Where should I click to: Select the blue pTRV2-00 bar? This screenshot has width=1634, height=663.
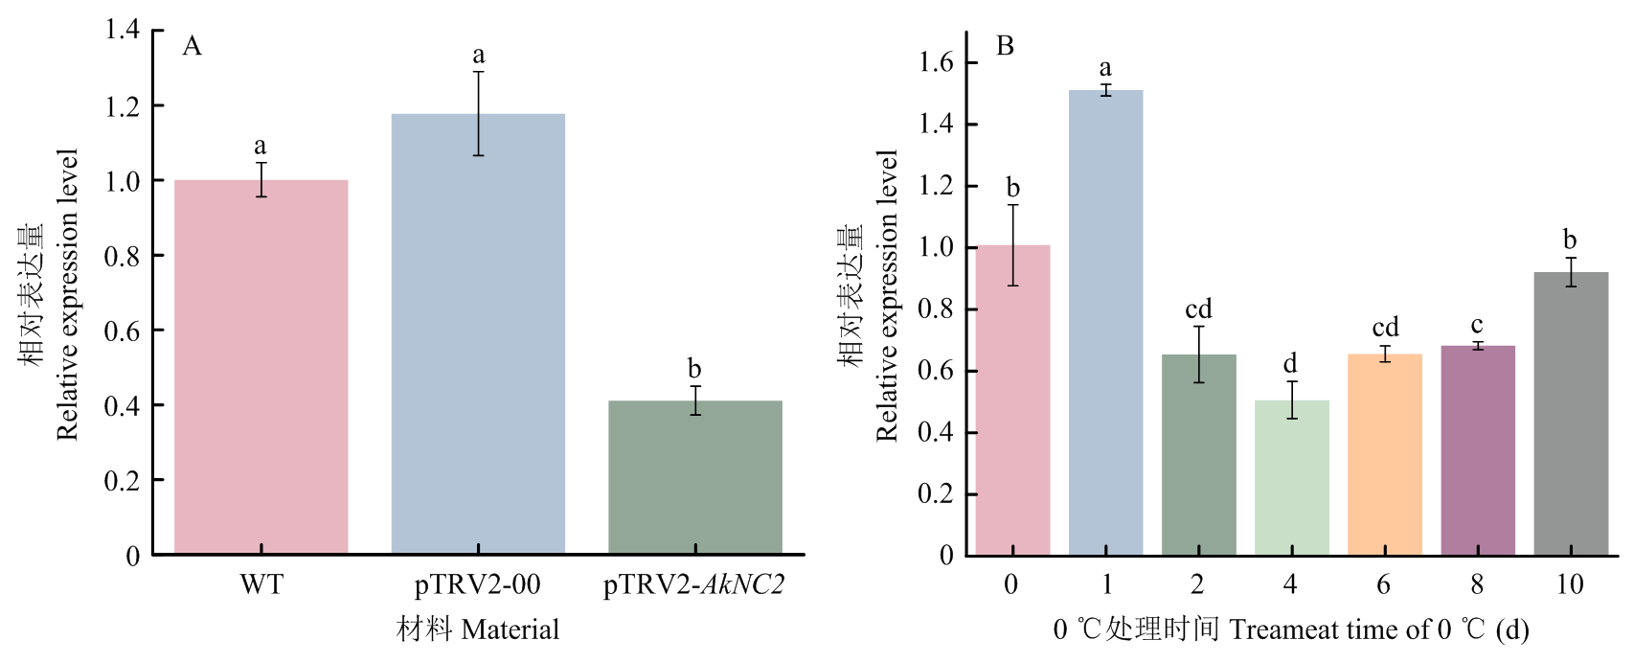[x=478, y=334]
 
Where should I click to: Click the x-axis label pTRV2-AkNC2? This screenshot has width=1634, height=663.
[x=693, y=584]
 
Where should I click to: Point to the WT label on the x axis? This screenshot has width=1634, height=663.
[x=261, y=584]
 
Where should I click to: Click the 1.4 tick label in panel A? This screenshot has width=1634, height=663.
[x=123, y=30]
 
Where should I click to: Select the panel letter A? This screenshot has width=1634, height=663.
[x=193, y=46]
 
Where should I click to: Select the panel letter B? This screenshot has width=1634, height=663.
[x=1005, y=46]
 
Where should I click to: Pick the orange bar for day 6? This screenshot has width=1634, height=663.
[x=1384, y=454]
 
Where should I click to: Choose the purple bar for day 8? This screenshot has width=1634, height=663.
[x=1477, y=450]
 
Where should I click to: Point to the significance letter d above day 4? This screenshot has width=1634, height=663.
[x=1290, y=364]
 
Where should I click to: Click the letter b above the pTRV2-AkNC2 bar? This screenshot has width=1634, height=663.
[x=694, y=369]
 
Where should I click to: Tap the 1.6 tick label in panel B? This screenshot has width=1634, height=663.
[x=936, y=63]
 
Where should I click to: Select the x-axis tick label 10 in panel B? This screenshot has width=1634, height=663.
[x=1570, y=584]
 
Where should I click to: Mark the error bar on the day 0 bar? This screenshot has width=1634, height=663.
[x=1012, y=245]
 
